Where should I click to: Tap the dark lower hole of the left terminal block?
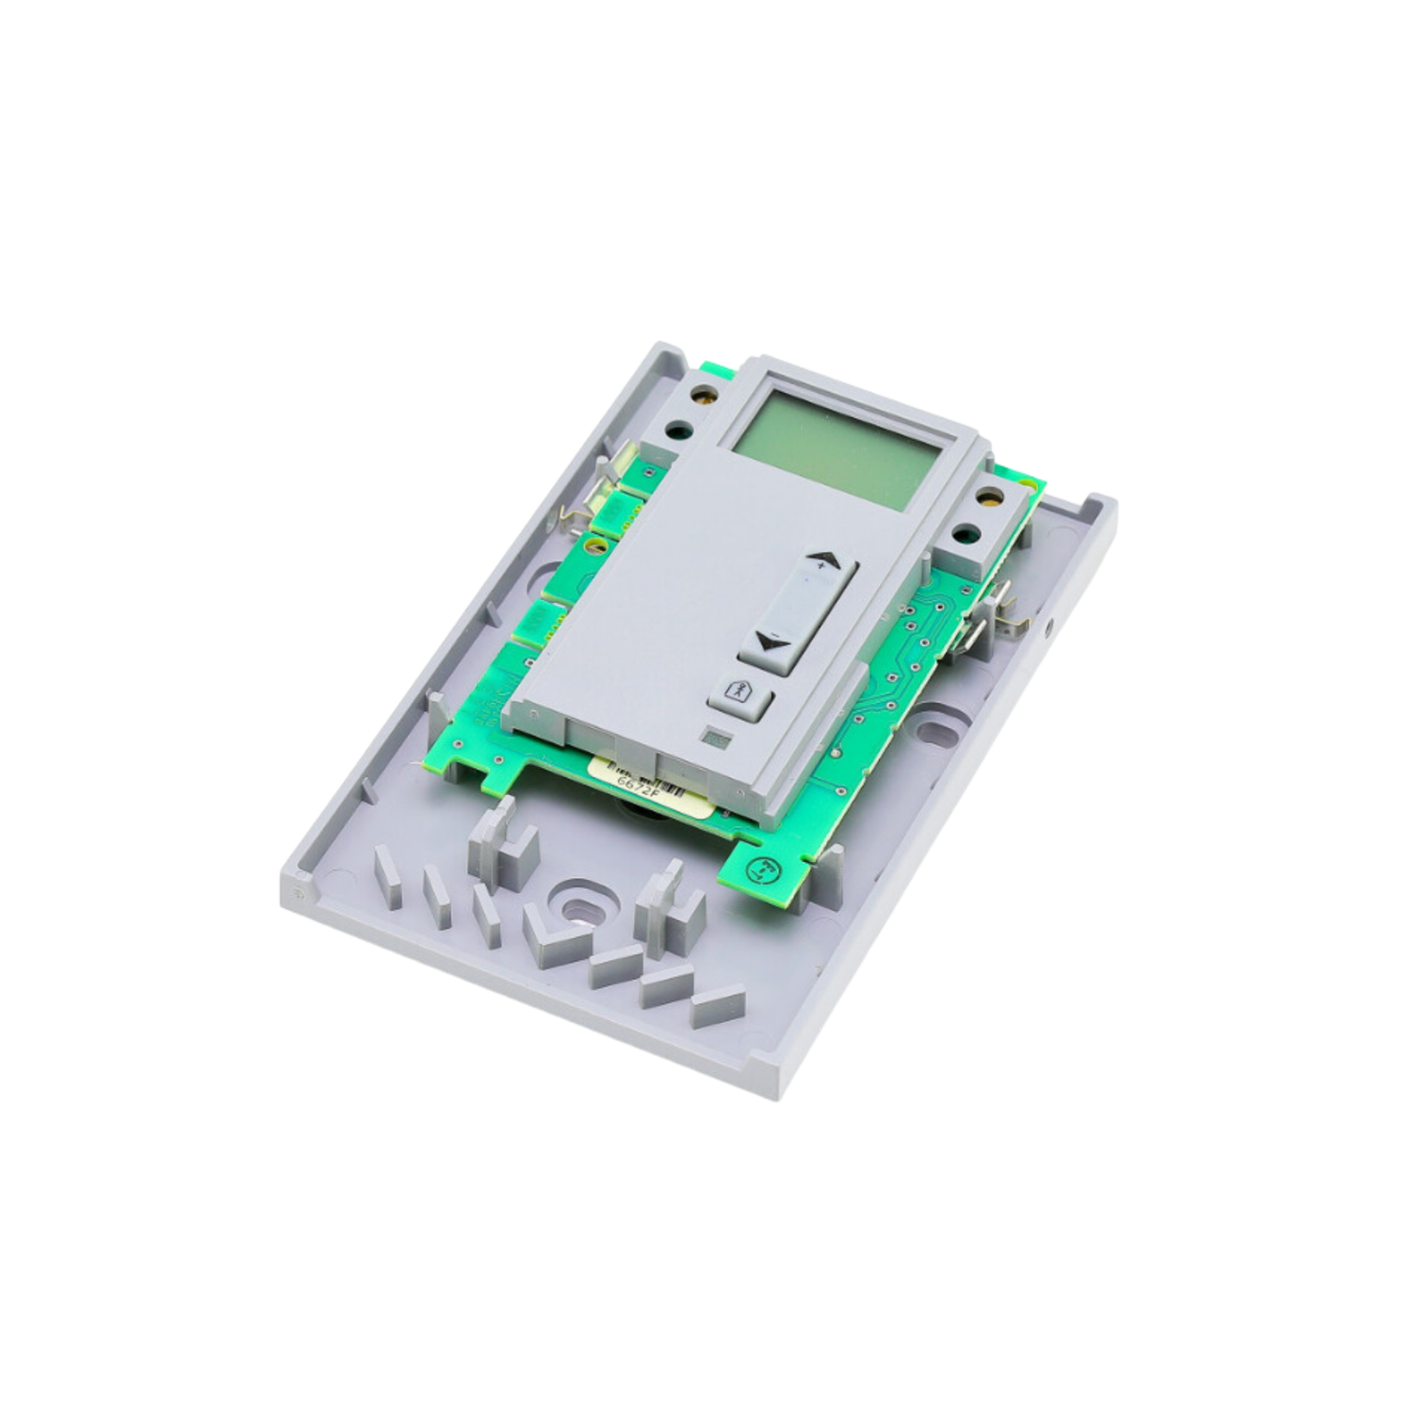[675, 431]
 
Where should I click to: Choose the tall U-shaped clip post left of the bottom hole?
[502, 841]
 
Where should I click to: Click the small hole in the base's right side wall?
[1049, 623]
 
